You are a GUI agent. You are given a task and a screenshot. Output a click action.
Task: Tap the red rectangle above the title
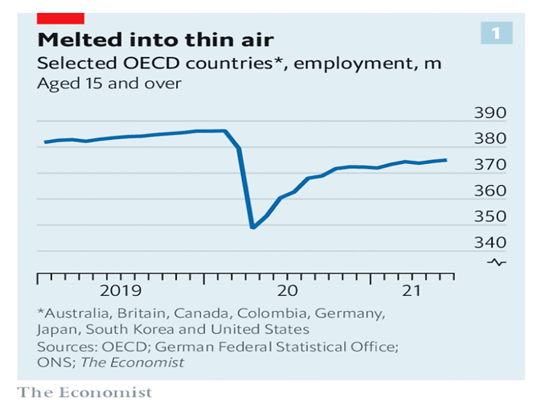pos(61,17)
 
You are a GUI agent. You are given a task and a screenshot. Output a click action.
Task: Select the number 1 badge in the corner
pos(495,33)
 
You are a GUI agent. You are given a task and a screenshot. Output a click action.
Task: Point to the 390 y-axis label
pos(490,113)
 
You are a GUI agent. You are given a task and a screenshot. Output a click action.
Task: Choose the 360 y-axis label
pos(490,191)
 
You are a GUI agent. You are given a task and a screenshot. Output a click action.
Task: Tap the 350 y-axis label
pos(490,217)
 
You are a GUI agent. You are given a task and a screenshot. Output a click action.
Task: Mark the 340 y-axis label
pos(490,243)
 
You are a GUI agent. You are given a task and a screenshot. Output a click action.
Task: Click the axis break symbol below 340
pos(498,263)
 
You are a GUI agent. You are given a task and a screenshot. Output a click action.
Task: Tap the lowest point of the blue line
pos(253,228)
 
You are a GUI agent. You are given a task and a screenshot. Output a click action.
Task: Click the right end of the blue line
pos(447,160)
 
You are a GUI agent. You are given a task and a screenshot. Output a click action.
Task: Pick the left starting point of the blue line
pos(45,142)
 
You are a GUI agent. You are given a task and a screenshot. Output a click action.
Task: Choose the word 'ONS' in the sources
pos(52,362)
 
